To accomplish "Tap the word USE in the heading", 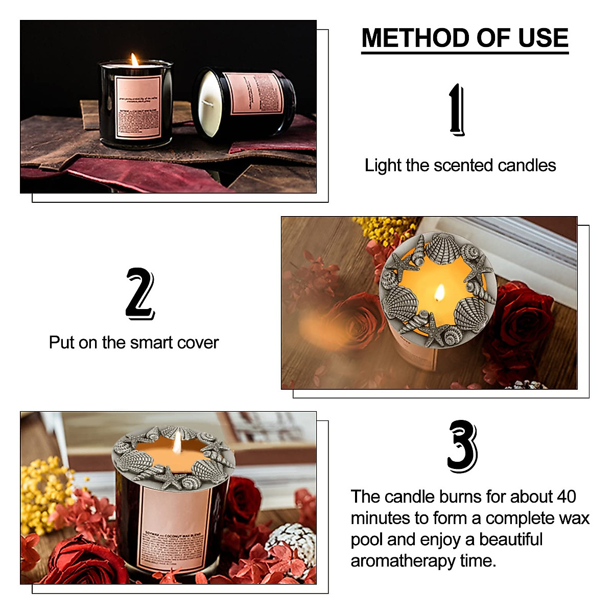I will [x=543, y=38].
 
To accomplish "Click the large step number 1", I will [x=457, y=110].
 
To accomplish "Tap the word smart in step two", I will [x=149, y=342].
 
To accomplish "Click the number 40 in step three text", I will [x=566, y=497].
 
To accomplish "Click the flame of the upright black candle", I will [x=134, y=60].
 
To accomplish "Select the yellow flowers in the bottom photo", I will [x=43, y=490].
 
